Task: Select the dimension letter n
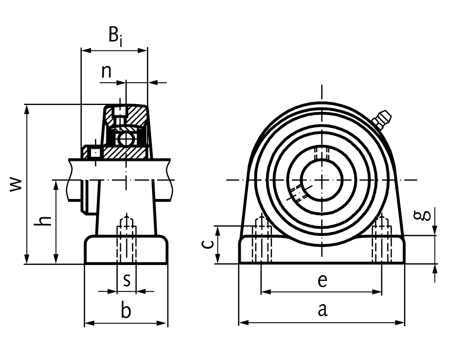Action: click(x=106, y=71)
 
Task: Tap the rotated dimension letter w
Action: click(x=16, y=184)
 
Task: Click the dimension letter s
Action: click(x=127, y=280)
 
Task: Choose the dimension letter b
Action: click(x=126, y=311)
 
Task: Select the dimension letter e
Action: click(x=322, y=281)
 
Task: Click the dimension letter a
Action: click(x=322, y=310)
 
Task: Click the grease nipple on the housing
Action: click(x=381, y=118)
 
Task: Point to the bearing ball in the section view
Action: click(x=124, y=139)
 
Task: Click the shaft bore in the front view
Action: click(x=322, y=180)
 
